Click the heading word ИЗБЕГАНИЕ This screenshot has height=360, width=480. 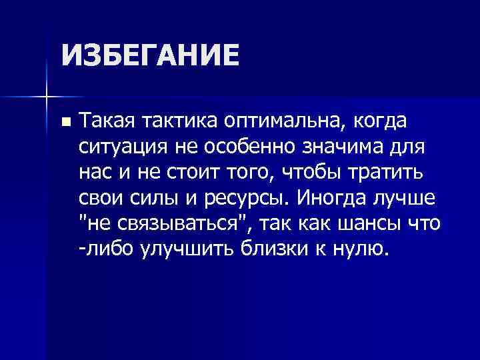tap(149, 55)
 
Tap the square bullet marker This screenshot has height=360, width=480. tap(64, 122)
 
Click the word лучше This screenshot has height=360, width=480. tap(407, 197)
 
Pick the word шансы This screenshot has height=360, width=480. tap(372, 223)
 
